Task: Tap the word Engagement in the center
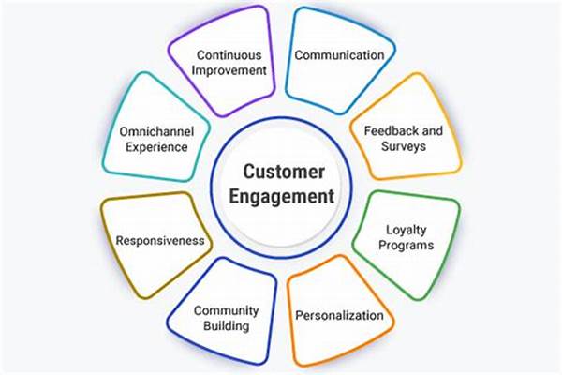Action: [x=280, y=197]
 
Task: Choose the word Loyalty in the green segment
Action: [x=409, y=229]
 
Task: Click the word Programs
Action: [x=409, y=245]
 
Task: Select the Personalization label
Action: [x=339, y=315]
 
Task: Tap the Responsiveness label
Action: [x=160, y=240]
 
